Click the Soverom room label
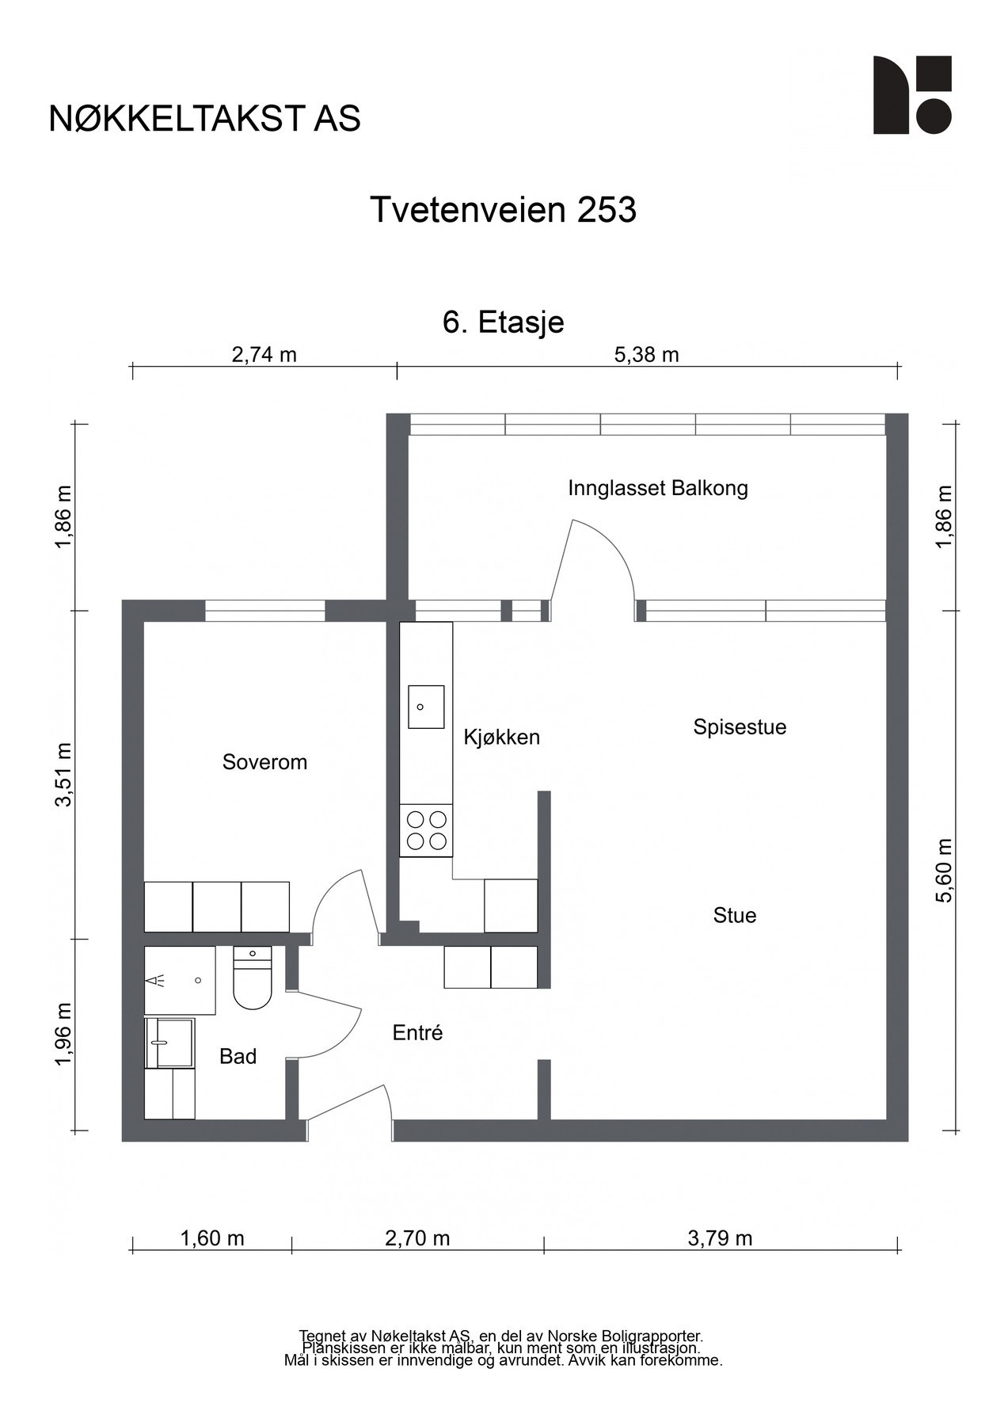click(x=264, y=762)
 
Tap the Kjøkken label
click(x=501, y=738)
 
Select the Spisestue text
click(x=740, y=727)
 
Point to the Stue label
click(x=735, y=916)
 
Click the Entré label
click(x=417, y=1033)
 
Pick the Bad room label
click(x=238, y=1056)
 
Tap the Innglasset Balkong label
click(x=658, y=488)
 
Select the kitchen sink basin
click(x=425, y=707)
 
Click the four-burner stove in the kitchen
click(x=426, y=830)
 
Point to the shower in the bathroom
click(x=180, y=980)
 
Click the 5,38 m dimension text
click(x=647, y=355)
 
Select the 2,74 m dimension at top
click(x=264, y=355)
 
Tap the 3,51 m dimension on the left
click(x=63, y=774)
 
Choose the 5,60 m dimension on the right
click(x=945, y=870)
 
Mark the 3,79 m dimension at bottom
click(x=720, y=1238)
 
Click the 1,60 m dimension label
click(x=212, y=1238)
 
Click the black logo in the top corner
click(x=912, y=95)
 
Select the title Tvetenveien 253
click(x=504, y=211)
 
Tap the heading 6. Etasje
click(x=504, y=323)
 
